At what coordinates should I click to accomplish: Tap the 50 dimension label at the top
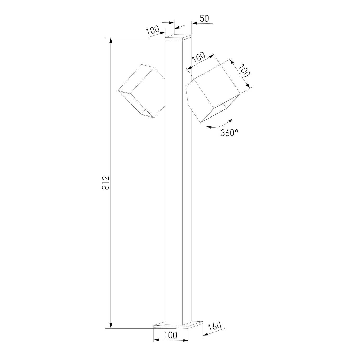click(205, 18)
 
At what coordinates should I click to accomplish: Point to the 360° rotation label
click(229, 133)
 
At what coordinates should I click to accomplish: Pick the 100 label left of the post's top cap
click(153, 31)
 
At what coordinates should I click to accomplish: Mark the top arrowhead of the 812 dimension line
click(111, 41)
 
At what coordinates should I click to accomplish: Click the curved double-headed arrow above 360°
click(220, 125)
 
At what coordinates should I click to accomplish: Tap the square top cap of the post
click(179, 36)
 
